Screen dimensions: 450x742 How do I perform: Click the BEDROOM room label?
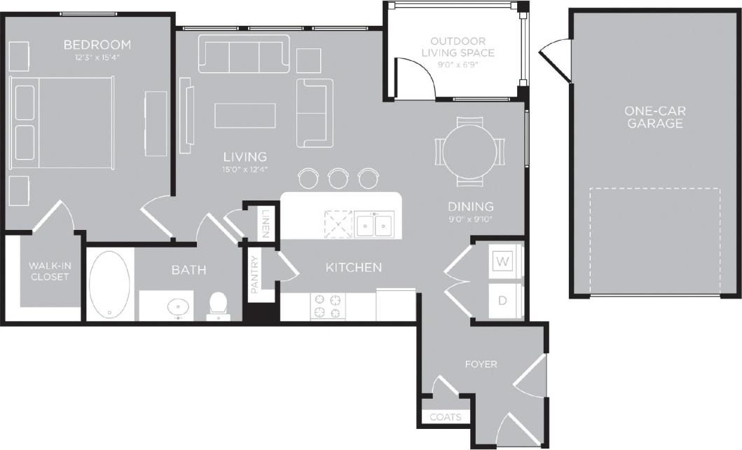coord(97,45)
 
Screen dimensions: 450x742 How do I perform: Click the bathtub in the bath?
coord(109,285)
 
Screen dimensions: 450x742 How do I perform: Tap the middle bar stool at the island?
coord(338,177)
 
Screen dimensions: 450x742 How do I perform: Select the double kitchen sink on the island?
coord(373,224)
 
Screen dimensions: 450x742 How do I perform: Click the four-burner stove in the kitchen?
coord(328,306)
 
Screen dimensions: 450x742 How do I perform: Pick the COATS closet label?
coord(446,417)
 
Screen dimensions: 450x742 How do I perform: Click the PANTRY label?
coord(255,274)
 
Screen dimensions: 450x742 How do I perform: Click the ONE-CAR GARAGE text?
coord(655,117)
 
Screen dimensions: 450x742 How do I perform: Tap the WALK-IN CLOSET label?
coord(49,271)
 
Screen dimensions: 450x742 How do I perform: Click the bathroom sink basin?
coord(179,306)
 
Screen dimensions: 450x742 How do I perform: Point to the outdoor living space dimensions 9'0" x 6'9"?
coord(462,65)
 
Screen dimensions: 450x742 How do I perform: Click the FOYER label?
coord(481,364)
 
